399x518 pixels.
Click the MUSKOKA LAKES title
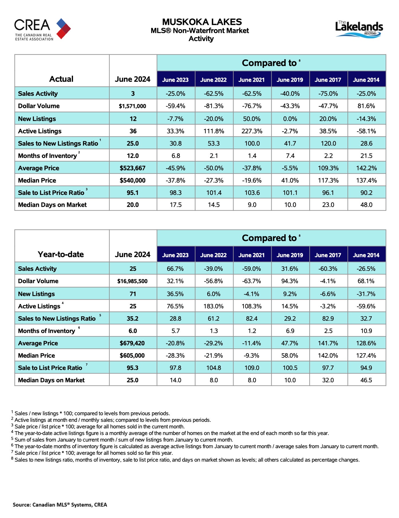pyautogui.click(x=202, y=22)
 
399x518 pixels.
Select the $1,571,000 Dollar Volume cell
pyautogui.click(x=133, y=106)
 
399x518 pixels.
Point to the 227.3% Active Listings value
pyautogui.click(x=252, y=131)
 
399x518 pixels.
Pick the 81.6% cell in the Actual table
pyautogui.click(x=366, y=106)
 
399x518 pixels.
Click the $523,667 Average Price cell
pyautogui.click(x=133, y=168)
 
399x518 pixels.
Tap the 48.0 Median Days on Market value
pyautogui.click(x=366, y=205)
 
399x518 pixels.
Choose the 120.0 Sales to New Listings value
pyautogui.click(x=328, y=144)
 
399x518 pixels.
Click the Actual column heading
pyautogui.click(x=61, y=79)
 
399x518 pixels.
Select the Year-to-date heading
pyautogui.click(x=61, y=254)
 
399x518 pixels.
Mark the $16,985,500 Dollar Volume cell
pyautogui.click(x=132, y=281)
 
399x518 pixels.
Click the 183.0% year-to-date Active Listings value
pyautogui.click(x=214, y=306)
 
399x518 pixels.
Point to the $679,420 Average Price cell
pyautogui.click(x=132, y=343)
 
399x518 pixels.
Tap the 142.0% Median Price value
pyautogui.click(x=328, y=356)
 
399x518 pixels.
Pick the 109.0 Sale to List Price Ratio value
pyautogui.click(x=252, y=368)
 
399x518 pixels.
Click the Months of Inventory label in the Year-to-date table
pyautogui.click(x=47, y=331)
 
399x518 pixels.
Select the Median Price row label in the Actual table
pyautogui.click(x=37, y=180)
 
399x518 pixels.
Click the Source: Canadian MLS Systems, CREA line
pyautogui.click(x=60, y=505)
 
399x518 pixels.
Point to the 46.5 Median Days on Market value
pyautogui.click(x=366, y=380)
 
